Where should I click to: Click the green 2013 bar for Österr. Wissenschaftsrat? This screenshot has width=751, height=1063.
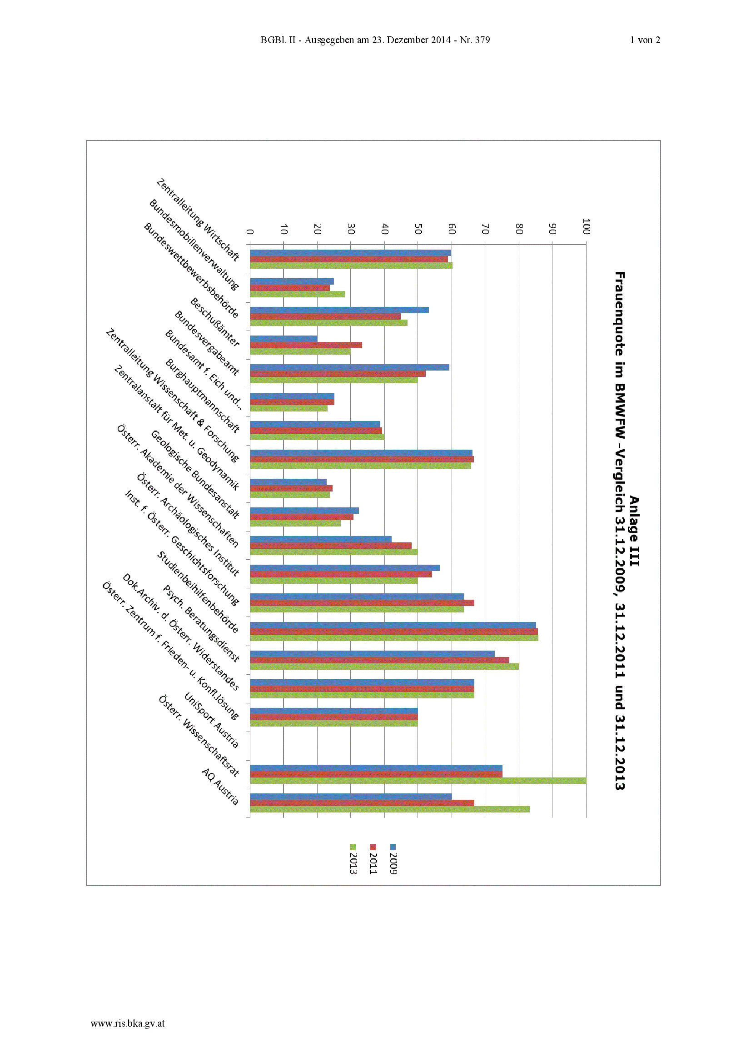pyautogui.click(x=418, y=781)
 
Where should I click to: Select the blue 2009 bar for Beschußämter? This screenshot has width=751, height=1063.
pyautogui.click(x=283, y=338)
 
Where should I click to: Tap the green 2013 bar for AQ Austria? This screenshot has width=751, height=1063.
pyautogui.click(x=390, y=809)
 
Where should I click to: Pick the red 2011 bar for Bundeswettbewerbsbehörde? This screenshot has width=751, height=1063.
pyautogui.click(x=325, y=316)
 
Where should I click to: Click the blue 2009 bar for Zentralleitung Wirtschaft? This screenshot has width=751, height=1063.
pyautogui.click(x=350, y=253)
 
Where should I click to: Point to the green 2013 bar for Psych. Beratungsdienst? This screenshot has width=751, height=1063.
pyautogui.click(x=384, y=666)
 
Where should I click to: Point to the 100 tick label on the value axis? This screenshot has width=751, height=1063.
pyautogui.click(x=586, y=226)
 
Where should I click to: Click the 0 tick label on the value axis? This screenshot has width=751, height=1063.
pyautogui.click(x=250, y=231)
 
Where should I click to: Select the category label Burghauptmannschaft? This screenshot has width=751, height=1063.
pyautogui.click(x=203, y=396)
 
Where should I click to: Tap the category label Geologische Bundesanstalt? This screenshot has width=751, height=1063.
pyautogui.click(x=195, y=474)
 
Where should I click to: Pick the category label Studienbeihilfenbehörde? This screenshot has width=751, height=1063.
pyautogui.click(x=198, y=592)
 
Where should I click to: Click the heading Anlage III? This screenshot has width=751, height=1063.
pyautogui.click(x=634, y=531)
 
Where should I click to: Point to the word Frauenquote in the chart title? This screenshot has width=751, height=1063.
pyautogui.click(x=620, y=313)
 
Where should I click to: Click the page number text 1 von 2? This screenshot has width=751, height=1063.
pyautogui.click(x=645, y=40)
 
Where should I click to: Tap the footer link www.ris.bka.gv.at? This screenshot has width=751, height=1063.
pyautogui.click(x=128, y=1023)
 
